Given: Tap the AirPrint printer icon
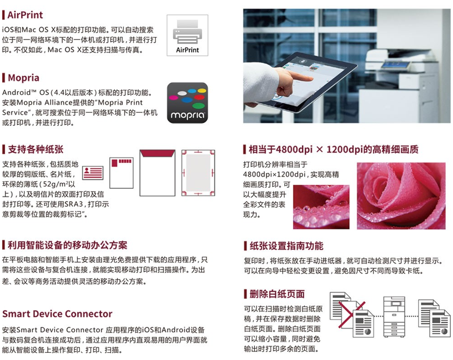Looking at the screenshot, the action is point(187,35).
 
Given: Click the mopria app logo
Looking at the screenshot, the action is point(187,103).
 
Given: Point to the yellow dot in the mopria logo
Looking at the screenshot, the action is point(202,91).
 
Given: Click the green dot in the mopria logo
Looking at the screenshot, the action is point(199,106).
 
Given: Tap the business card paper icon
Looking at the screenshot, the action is point(93,173).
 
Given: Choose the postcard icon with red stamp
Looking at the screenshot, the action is point(122,173).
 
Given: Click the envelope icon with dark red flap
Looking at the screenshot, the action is point(157,173).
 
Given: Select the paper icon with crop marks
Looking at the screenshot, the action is point(198,173).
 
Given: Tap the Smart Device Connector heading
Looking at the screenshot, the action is point(57,314).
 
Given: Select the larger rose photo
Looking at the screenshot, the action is point(401,196).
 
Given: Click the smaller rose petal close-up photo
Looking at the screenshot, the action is point(321,207).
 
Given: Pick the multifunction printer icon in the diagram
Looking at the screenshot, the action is point(394,316).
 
